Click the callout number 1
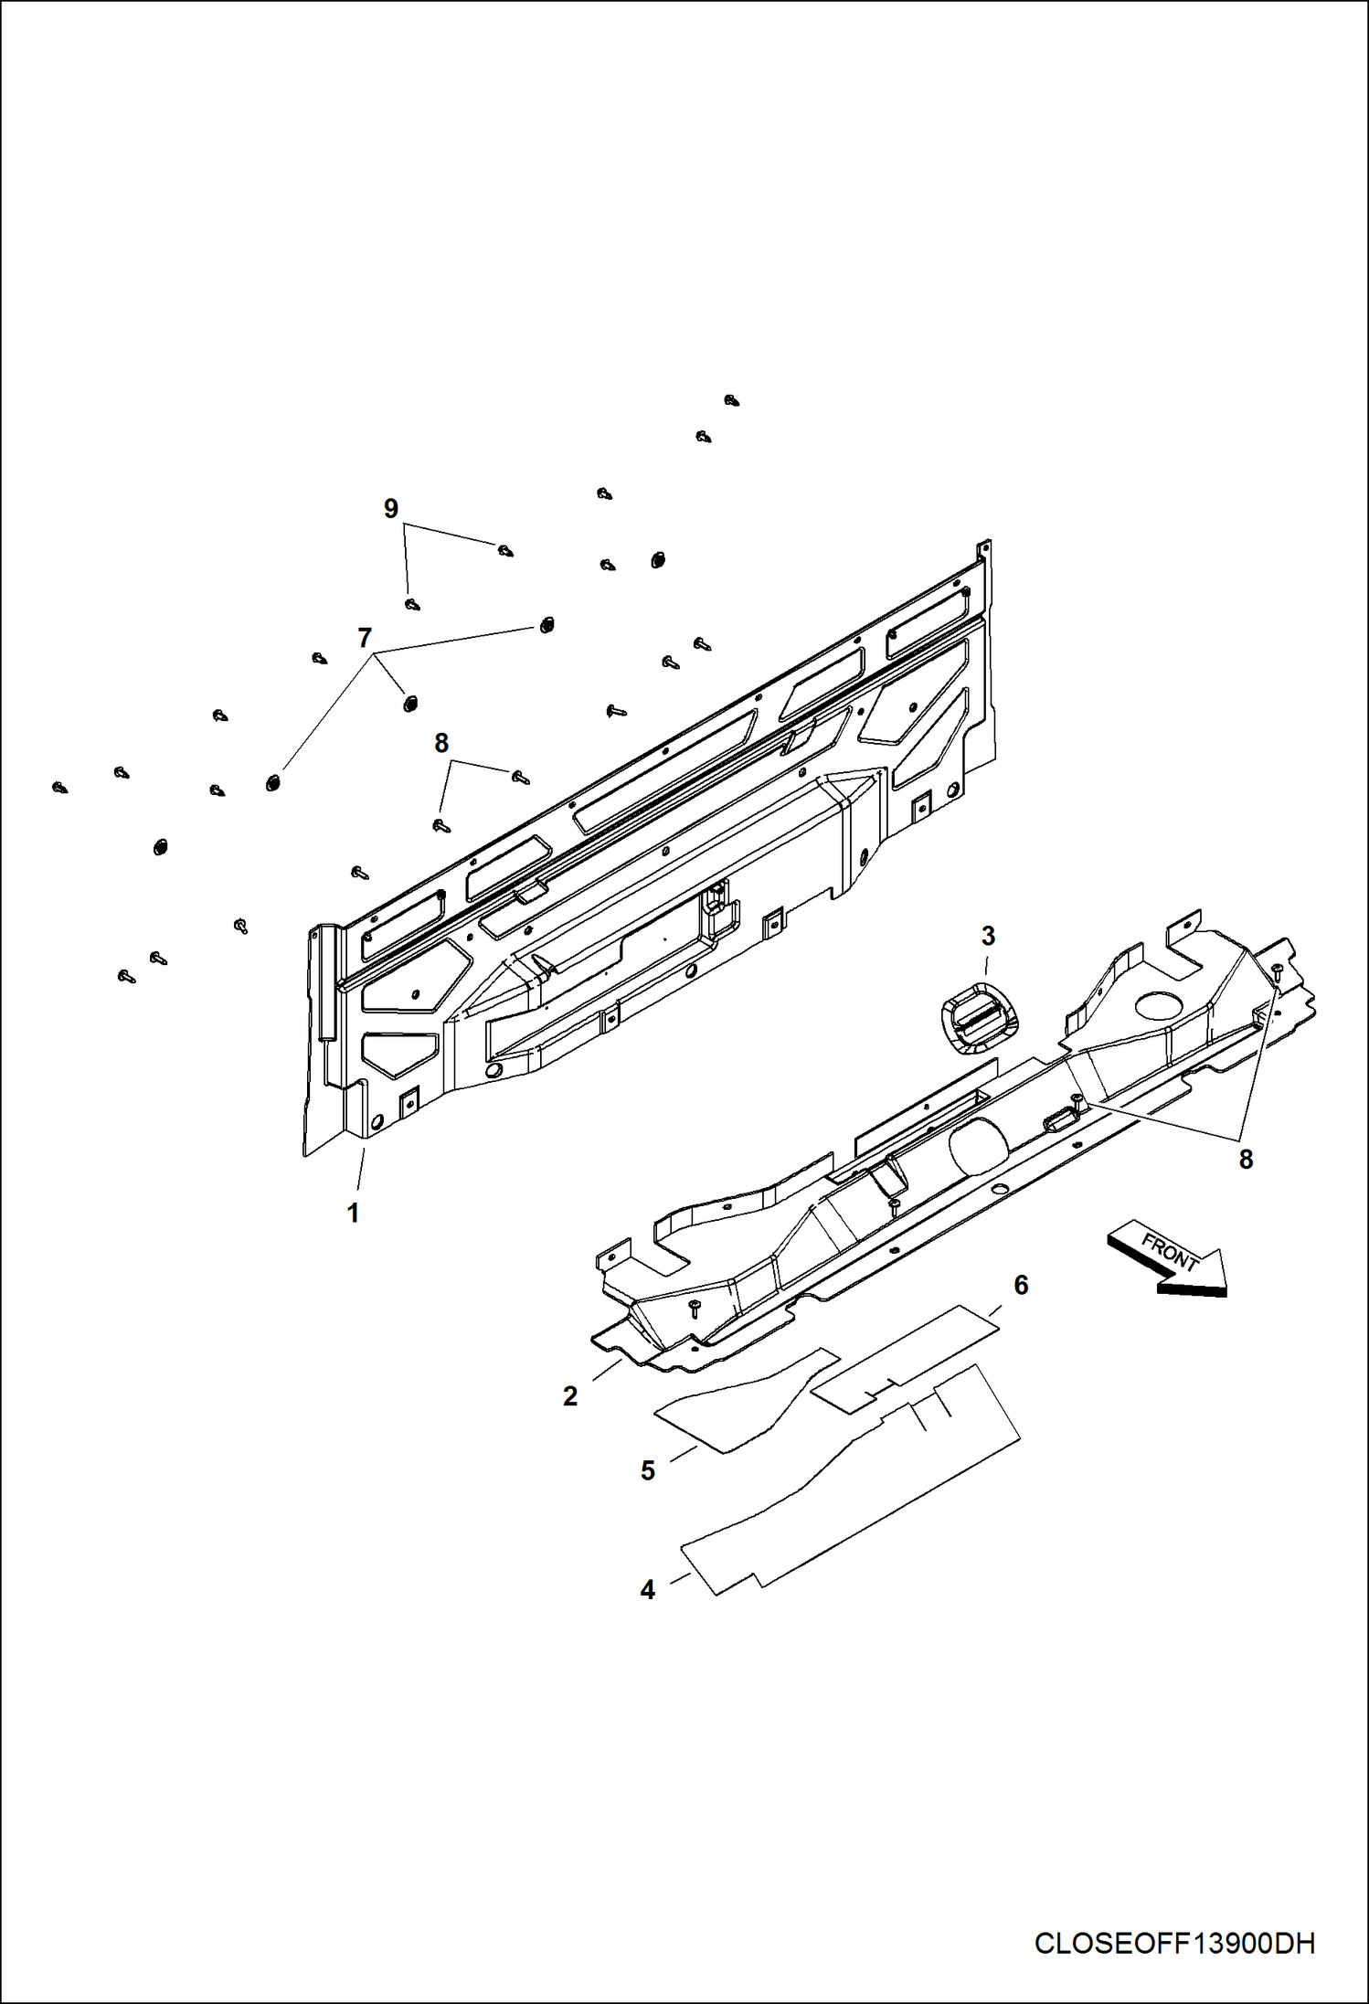pyautogui.click(x=353, y=1214)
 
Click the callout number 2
pyautogui.click(x=570, y=1396)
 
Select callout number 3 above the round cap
pyautogui.click(x=988, y=936)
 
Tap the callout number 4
pyautogui.click(x=648, y=1590)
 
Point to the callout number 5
pyautogui.click(x=648, y=1470)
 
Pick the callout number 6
pyautogui.click(x=1021, y=1285)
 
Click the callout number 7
pyautogui.click(x=365, y=637)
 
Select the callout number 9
pyautogui.click(x=391, y=508)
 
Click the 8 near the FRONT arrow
pyautogui.click(x=1246, y=1160)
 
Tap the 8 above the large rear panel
pyautogui.click(x=441, y=744)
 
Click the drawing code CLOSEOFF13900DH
pyautogui.click(x=1174, y=1944)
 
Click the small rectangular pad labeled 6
pyautogui.click(x=905, y=1356)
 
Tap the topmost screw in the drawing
pyautogui.click(x=731, y=400)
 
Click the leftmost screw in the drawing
pyautogui.click(x=60, y=787)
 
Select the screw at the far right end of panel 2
pyautogui.click(x=1278, y=968)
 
